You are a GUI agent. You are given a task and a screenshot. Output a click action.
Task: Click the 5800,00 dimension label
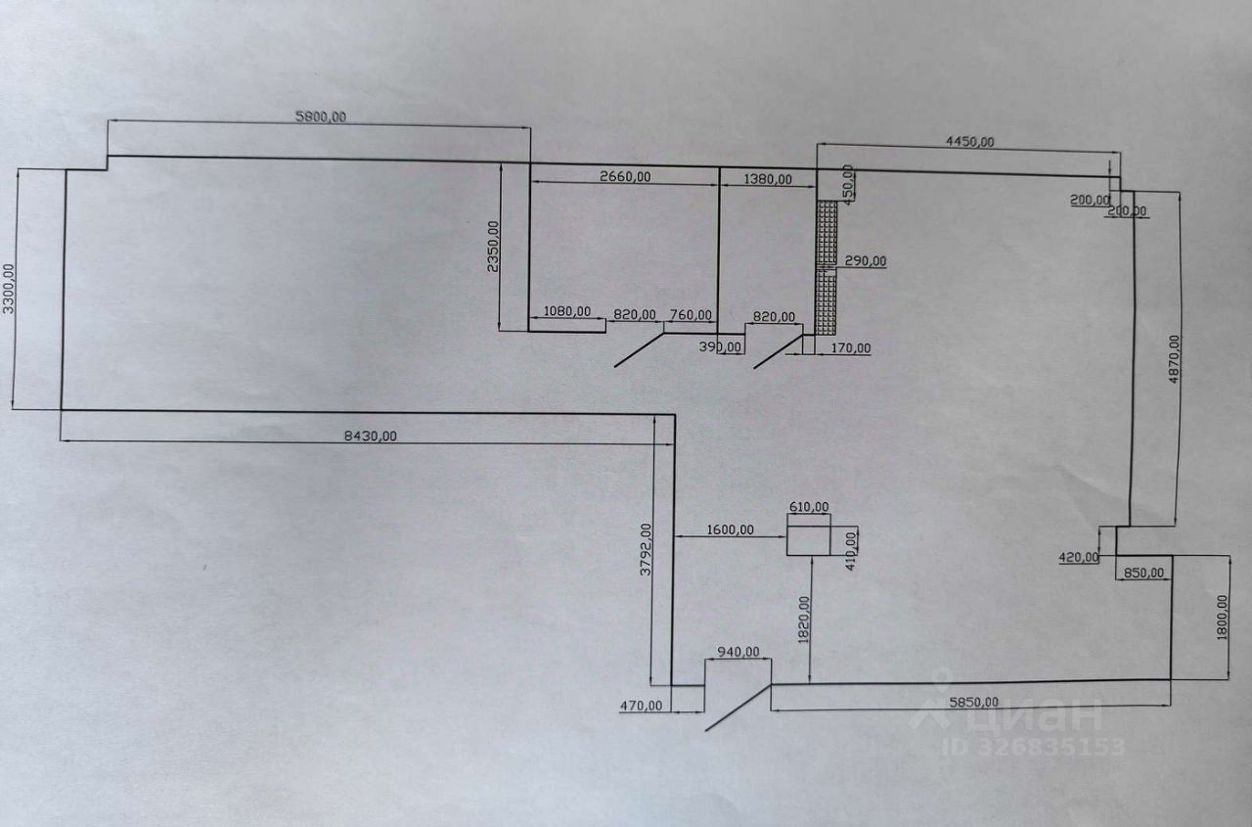click(321, 116)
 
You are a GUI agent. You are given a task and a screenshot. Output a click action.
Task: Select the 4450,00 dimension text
click(969, 141)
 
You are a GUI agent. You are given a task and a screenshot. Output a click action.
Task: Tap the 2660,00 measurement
click(625, 176)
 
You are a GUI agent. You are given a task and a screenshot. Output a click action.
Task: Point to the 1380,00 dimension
click(768, 179)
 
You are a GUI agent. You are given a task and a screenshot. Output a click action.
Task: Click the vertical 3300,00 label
click(10, 288)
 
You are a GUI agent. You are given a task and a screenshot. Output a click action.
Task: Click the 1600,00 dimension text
click(729, 529)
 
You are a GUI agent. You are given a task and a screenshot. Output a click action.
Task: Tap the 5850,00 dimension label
click(973, 701)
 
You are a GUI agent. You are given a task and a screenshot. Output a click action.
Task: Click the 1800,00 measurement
click(1222, 618)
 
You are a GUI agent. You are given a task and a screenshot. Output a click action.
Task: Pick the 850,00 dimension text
click(1143, 573)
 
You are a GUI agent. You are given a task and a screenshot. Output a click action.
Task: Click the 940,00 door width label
click(738, 652)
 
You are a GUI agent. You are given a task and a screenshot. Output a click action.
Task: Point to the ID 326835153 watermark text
click(1033, 747)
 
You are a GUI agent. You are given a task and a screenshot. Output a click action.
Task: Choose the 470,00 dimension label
click(642, 704)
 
